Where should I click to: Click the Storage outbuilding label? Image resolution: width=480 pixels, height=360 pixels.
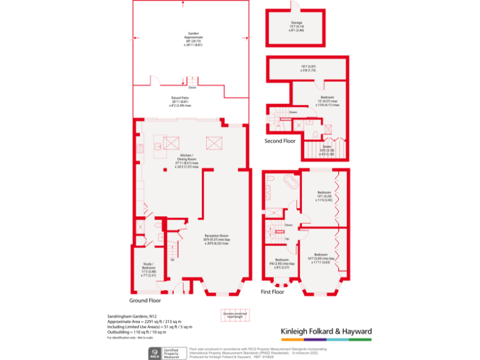(296, 26)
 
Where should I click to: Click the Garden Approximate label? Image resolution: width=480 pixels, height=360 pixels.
(192, 39)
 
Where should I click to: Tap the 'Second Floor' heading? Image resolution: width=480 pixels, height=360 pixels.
(279, 141)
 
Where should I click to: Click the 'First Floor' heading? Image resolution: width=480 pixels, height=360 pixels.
(272, 292)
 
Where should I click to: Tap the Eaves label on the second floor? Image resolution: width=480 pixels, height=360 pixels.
(327, 151)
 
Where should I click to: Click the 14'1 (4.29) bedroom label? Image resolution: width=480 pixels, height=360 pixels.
(324, 196)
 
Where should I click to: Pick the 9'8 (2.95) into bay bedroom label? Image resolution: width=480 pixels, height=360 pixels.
(281, 263)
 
